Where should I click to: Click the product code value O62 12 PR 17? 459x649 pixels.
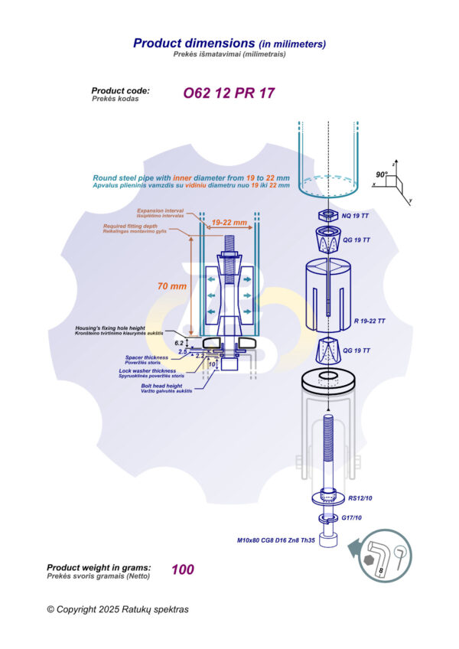coord(228,94)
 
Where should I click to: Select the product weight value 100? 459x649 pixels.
coord(183,569)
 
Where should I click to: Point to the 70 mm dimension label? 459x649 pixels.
coord(173,286)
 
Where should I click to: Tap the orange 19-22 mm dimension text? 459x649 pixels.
coord(229,222)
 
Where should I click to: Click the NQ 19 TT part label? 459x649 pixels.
coord(357,216)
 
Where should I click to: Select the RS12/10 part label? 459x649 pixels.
coord(360,498)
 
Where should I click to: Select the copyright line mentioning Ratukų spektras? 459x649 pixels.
coord(117,609)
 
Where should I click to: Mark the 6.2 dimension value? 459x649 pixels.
coord(179,343)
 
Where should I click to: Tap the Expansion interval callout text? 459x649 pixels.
coord(161,210)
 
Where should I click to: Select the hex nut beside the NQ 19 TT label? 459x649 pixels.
coord(327,214)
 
